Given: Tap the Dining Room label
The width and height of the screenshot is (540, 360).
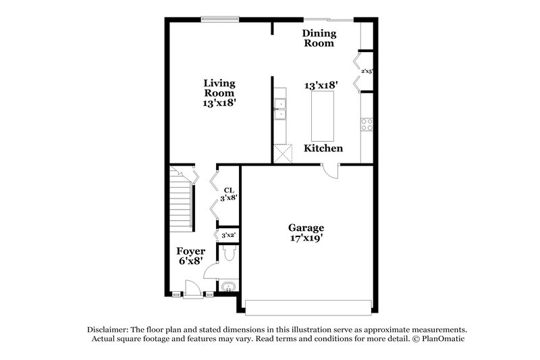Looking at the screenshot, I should tap(318, 38).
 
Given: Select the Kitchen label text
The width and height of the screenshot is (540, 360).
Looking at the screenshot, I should tap(323, 148).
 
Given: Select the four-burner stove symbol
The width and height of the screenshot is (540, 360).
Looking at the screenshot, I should tap(368, 124).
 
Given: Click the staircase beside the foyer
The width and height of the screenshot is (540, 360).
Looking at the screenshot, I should tap(181, 199).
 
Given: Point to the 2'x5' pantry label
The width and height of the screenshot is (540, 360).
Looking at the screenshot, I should tap(367, 71).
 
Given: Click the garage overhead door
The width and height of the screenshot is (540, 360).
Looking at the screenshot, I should tap(308, 307).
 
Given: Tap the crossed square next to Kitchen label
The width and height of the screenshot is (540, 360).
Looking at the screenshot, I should tap(281, 153).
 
